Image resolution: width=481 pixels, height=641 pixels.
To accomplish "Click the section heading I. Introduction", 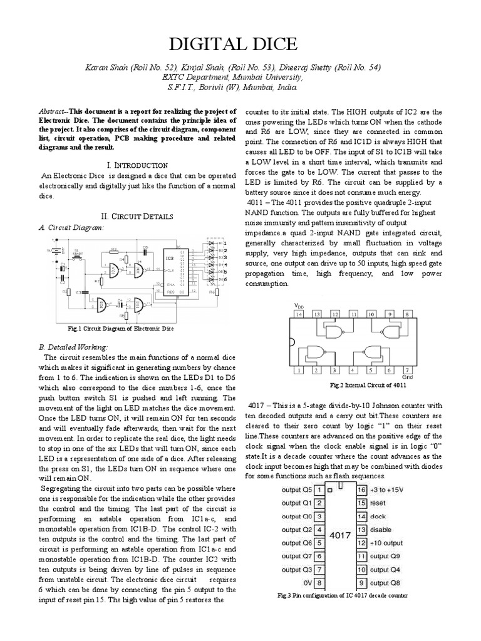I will [138, 165].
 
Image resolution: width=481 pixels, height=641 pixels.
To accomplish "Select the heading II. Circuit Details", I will [138, 215].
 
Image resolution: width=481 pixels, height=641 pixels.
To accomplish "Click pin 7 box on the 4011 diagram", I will [407, 371].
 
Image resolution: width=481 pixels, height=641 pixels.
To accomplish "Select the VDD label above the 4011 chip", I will [298, 305].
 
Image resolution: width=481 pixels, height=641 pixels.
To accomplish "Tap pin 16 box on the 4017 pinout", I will [361, 489].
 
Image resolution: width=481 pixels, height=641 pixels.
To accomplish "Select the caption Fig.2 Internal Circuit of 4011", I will [354, 386].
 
